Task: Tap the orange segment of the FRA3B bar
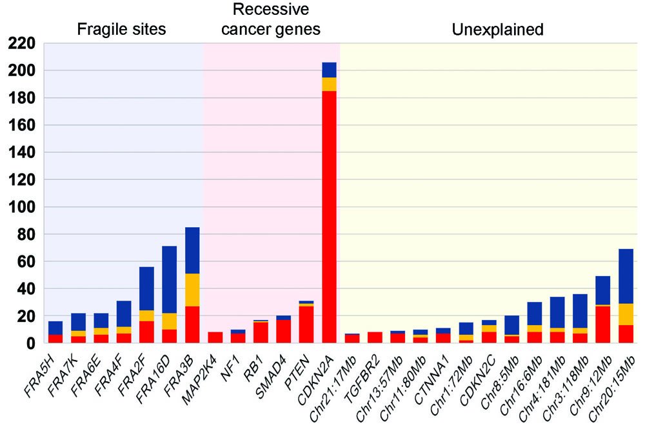pos(192,290)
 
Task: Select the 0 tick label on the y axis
pos(30,344)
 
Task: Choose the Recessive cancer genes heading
pos(271,19)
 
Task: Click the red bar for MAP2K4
pos(215,337)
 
